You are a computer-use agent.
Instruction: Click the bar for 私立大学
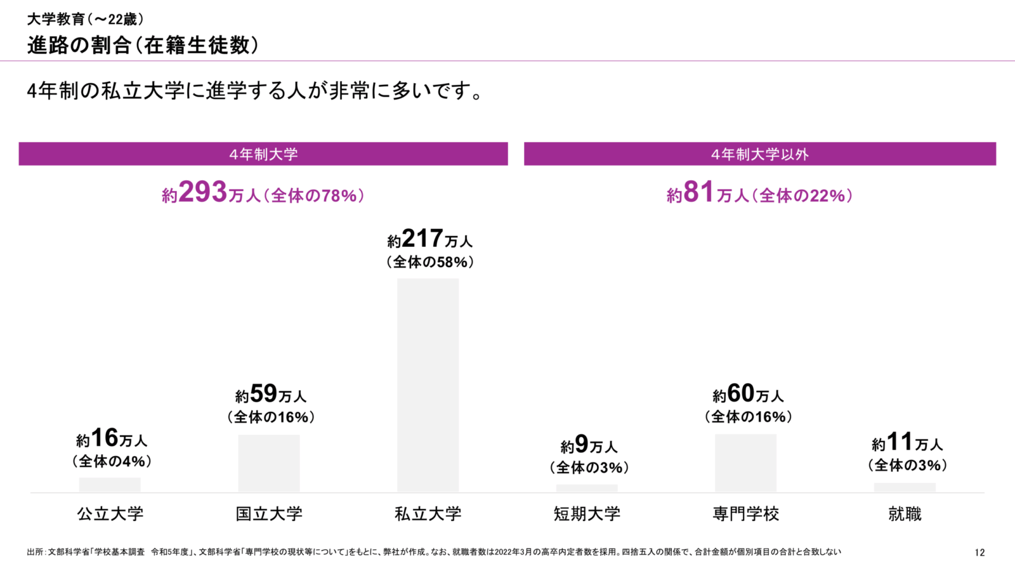[x=428, y=385]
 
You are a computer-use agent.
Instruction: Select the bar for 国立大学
[x=269, y=463]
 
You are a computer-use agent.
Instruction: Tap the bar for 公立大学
[x=110, y=485]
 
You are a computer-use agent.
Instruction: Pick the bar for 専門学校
[x=745, y=463]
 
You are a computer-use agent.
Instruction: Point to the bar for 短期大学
[x=587, y=489]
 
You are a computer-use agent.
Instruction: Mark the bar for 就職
[x=905, y=487]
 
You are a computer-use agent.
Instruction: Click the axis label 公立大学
[x=110, y=514]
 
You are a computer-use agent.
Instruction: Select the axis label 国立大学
[x=269, y=514]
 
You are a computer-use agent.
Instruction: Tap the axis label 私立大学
[x=428, y=514]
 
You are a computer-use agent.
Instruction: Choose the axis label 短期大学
[x=587, y=514]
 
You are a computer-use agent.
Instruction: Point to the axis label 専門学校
[x=745, y=514]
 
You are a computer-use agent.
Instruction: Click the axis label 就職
[x=905, y=514]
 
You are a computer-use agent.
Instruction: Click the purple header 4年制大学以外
[x=759, y=154]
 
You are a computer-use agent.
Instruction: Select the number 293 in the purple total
[x=203, y=192]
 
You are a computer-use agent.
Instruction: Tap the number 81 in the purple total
[x=699, y=192]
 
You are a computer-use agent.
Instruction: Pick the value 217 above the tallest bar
[x=422, y=239]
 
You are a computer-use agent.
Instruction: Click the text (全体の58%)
[x=430, y=262]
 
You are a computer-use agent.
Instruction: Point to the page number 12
[x=979, y=553]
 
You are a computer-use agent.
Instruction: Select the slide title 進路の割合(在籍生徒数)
[x=143, y=46]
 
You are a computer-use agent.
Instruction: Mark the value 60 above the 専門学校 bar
[x=740, y=393]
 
